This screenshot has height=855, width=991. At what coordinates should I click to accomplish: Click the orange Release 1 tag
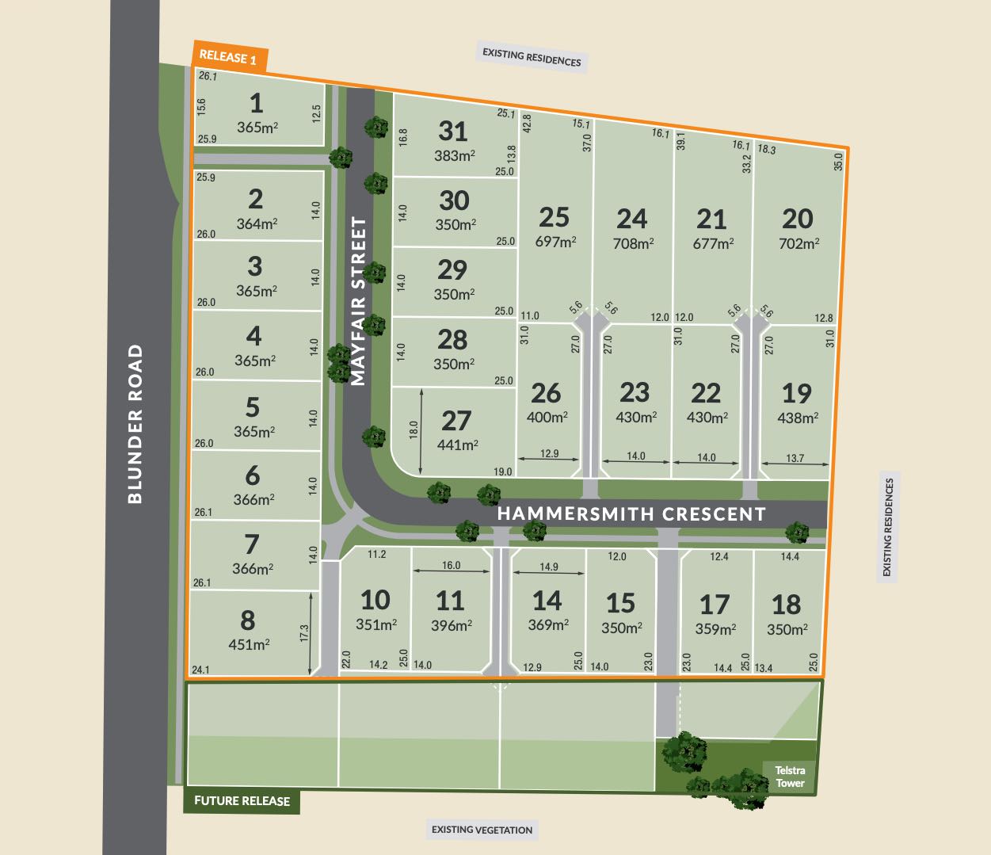pos(229,57)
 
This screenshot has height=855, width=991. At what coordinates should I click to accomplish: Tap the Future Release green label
pos(242,800)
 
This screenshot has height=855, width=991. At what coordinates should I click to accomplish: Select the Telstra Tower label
pos(790,777)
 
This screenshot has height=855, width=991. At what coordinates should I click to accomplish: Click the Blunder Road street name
pos(135,423)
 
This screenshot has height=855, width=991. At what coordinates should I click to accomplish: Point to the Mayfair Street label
pos(359,302)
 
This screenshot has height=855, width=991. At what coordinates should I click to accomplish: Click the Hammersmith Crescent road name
pos(631,513)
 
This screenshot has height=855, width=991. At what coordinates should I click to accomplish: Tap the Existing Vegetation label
pos(482,830)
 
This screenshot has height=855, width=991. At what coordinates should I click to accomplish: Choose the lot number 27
pos(456,421)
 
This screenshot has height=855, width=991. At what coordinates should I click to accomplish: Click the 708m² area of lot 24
pos(633,243)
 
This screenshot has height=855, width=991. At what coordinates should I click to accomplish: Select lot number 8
pos(248,620)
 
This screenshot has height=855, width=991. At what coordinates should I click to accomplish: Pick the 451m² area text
pos(249,644)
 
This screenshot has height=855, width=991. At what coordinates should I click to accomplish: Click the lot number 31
pos(453,132)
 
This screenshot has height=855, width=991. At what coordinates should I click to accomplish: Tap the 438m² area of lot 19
pos(798,418)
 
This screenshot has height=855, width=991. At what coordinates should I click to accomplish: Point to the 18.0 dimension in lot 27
pos(414,429)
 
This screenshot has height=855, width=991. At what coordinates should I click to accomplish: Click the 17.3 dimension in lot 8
pos(304,634)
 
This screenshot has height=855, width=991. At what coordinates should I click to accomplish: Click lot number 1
pos(256,104)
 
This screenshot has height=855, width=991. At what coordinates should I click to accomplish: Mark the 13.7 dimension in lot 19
pos(795,458)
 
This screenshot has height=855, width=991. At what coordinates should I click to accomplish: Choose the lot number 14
pos(547,601)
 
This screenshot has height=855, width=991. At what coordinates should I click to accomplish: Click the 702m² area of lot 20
pos(799,243)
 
